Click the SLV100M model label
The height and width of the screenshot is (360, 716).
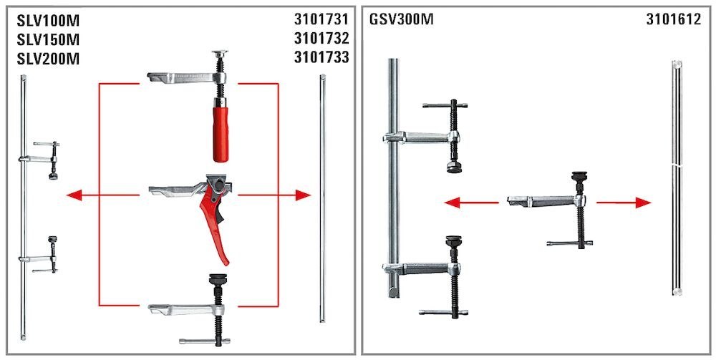click(47, 21)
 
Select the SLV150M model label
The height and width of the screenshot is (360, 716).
click(47, 40)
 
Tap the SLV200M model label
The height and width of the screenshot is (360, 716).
click(47, 59)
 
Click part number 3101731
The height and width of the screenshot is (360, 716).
click(321, 20)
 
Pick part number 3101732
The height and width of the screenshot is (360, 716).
click(321, 39)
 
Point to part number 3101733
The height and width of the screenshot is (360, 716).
click(321, 57)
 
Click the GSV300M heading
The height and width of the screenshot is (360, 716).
click(402, 20)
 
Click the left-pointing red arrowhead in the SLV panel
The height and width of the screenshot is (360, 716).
click(72, 195)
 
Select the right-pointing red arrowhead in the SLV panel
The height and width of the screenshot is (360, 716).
click(304, 195)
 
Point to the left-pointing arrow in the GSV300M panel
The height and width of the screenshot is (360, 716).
click(451, 203)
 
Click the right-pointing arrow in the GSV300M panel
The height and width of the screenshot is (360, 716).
click(644, 203)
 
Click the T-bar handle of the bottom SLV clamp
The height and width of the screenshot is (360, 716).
click(203, 341)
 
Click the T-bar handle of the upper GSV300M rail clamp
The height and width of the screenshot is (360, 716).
click(444, 104)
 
